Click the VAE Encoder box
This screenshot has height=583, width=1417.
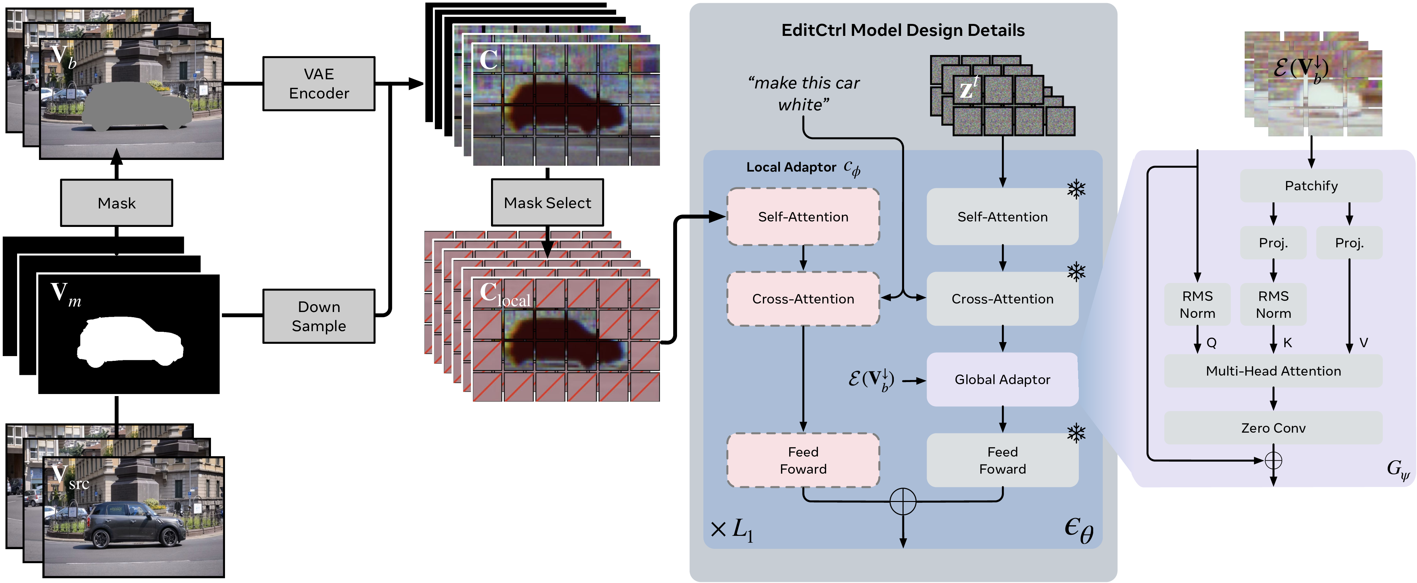coord(318,84)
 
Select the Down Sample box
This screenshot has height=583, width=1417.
coord(318,316)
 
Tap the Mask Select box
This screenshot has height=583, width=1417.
coord(547,203)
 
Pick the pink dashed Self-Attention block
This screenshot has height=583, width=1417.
coord(803,217)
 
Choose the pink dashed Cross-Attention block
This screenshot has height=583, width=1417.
coord(803,299)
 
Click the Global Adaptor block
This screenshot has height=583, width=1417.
coord(1002,380)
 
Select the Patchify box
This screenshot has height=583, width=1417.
coord(1311,186)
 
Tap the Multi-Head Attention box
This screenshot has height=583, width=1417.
coord(1273,371)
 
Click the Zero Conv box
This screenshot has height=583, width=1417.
coord(1273,428)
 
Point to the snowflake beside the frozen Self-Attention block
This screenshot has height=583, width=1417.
coord(1076,190)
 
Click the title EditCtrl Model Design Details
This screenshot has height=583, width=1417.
coord(903,30)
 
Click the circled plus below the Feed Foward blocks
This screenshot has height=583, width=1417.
coord(903,501)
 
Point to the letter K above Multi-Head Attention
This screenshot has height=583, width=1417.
coord(1288,343)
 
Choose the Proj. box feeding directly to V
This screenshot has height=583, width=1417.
coord(1349,243)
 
